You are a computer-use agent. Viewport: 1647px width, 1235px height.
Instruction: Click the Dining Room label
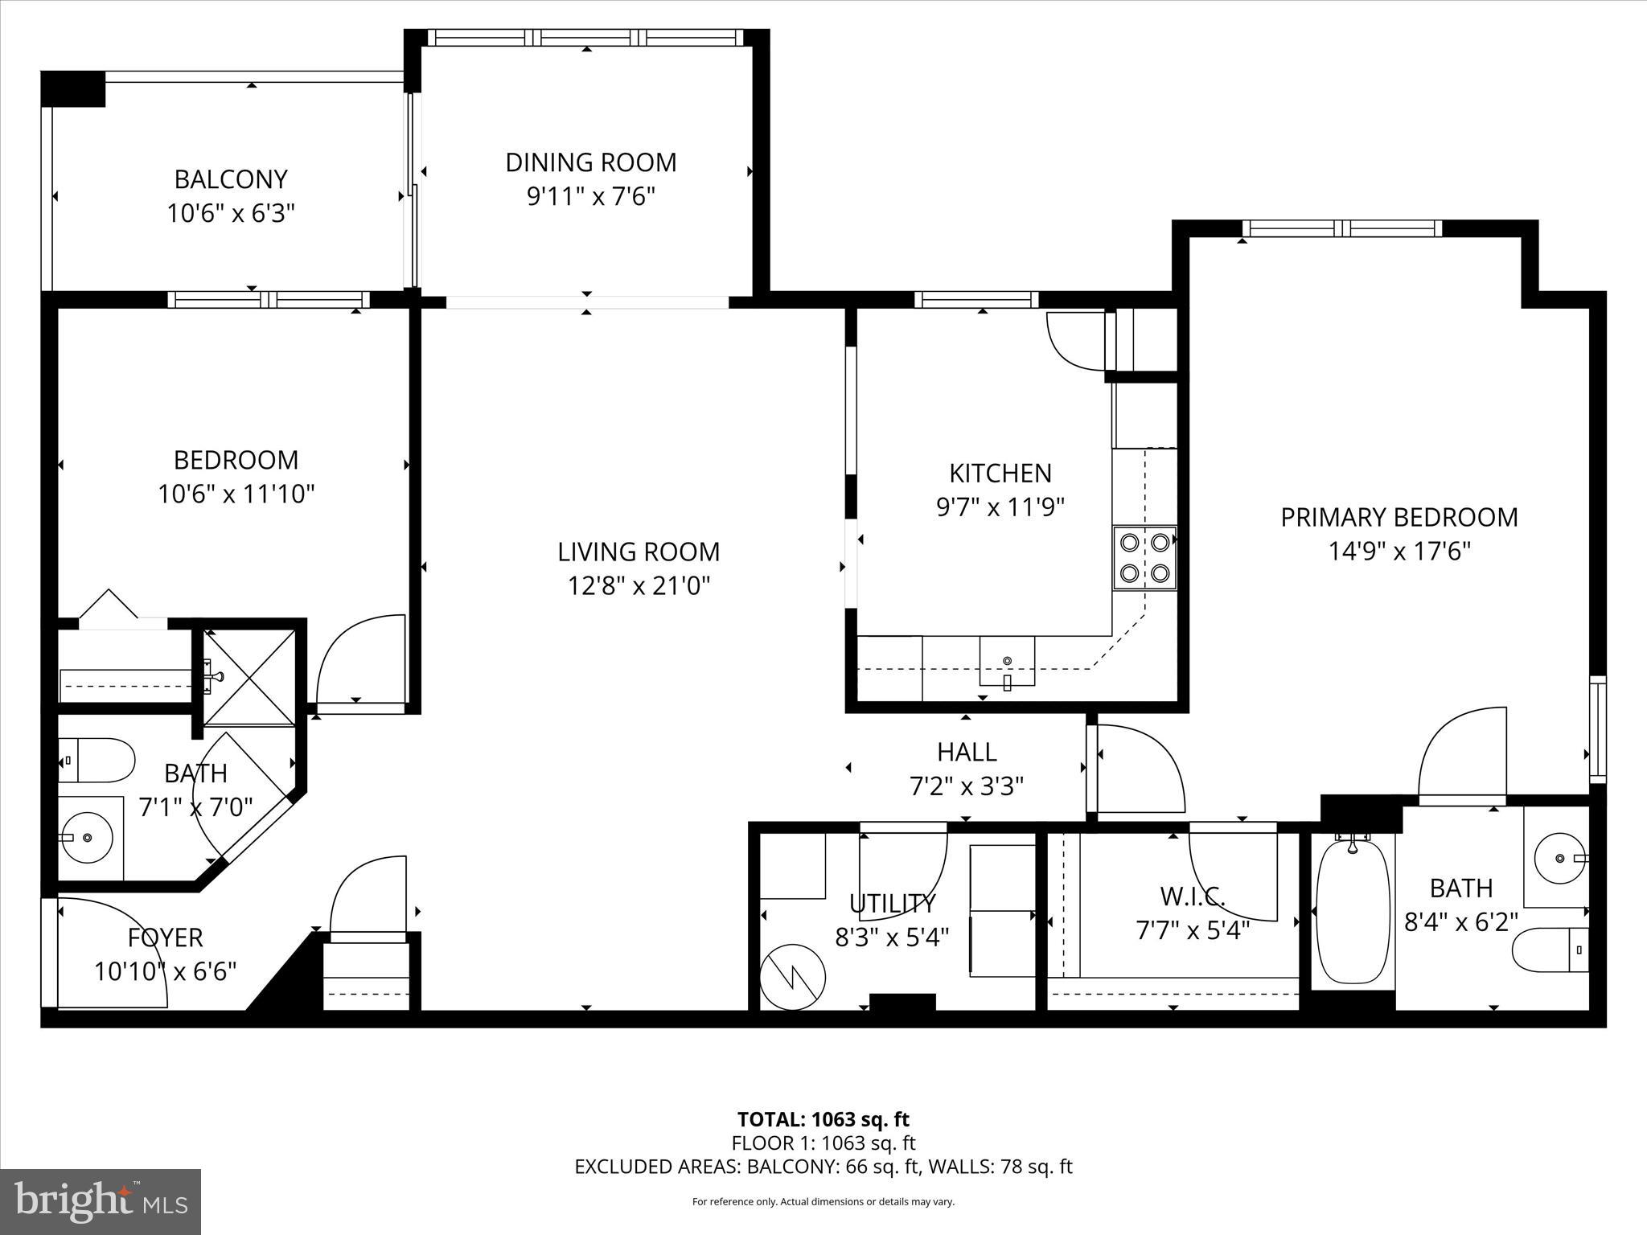click(590, 162)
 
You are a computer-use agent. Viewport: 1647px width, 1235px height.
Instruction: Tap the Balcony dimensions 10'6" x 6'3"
click(231, 214)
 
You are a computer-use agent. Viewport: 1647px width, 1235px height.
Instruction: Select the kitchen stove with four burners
click(1144, 558)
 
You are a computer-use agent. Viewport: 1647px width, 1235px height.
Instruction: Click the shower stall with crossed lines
click(249, 678)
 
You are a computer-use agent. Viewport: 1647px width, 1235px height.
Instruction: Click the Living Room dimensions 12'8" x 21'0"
click(639, 586)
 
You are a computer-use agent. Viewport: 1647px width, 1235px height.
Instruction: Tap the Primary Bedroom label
click(1399, 517)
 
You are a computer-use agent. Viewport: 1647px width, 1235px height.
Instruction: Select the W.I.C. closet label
click(1193, 896)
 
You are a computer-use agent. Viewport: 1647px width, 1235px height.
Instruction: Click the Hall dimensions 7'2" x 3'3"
click(966, 786)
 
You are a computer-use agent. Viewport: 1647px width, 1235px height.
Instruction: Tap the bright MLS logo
click(101, 1202)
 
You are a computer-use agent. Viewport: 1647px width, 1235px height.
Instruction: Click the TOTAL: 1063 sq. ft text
click(823, 1119)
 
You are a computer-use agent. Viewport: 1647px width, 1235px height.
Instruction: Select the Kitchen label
click(1000, 473)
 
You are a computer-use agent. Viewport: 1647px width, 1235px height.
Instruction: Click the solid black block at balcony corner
click(73, 88)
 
